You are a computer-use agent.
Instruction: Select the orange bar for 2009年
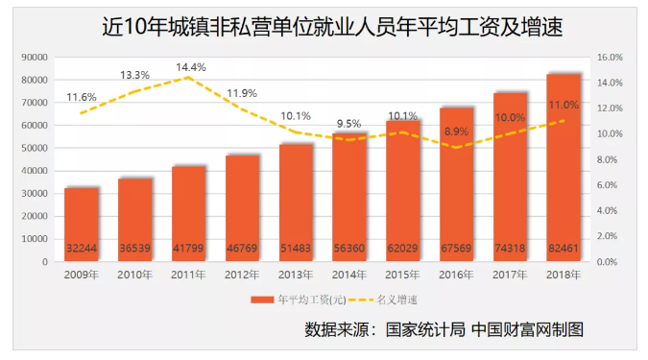tap(82, 224)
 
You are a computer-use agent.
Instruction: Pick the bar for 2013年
tap(296, 202)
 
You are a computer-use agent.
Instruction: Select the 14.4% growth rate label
tap(190, 68)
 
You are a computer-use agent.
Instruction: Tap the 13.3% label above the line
tap(134, 75)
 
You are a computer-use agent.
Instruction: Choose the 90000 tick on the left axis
tap(34, 58)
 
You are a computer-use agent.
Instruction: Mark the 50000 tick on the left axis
tap(34, 148)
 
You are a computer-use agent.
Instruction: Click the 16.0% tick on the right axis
tap(610, 58)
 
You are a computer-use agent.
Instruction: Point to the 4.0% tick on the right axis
tap(610, 210)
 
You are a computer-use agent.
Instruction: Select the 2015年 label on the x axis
tap(402, 276)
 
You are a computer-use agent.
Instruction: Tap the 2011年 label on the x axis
tap(188, 276)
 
